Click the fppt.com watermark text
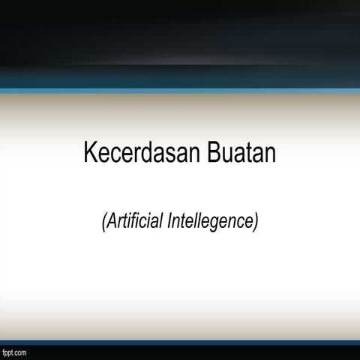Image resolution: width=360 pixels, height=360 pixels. point(14,352)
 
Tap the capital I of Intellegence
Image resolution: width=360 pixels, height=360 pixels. point(169,222)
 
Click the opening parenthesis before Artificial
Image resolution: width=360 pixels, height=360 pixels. point(104,222)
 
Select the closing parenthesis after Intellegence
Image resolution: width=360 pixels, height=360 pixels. point(256,222)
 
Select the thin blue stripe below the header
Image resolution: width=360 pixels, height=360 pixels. point(180,91)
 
